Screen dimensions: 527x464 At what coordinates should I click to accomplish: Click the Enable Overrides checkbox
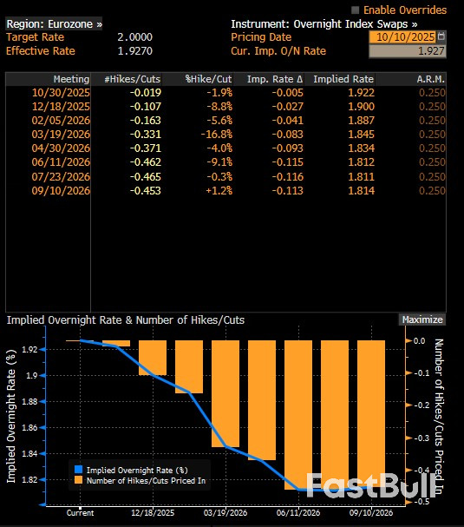point(355,10)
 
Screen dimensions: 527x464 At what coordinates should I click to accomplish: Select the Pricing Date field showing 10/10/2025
point(402,37)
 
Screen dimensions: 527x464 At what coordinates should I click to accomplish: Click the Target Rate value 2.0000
point(134,37)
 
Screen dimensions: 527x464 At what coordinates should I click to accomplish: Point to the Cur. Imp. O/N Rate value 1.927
point(431,51)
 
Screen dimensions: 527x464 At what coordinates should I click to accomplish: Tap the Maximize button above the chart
point(422,319)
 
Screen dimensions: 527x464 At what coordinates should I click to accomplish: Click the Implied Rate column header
point(343,79)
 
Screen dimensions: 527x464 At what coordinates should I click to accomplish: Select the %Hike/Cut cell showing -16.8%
point(215,135)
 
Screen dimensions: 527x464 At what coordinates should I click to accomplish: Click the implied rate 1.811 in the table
point(360,176)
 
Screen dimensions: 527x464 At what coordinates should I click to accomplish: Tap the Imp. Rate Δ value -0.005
point(289,93)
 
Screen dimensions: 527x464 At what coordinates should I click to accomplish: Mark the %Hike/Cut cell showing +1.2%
point(217,190)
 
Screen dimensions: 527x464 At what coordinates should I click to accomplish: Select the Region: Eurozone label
point(54,24)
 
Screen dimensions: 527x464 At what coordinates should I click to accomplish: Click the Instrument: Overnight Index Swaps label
point(323,24)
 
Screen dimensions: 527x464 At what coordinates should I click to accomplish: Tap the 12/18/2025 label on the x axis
point(153,513)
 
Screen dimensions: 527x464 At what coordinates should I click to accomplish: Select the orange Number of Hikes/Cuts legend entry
point(143,479)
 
